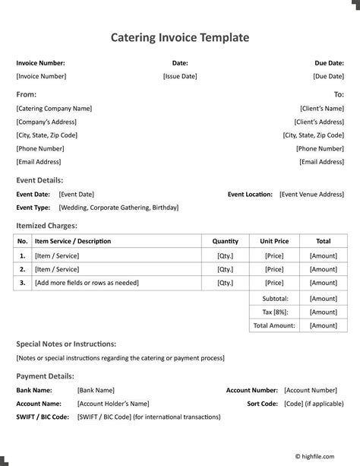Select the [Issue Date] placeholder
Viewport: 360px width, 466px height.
point(180,76)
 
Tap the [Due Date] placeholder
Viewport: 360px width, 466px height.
point(328,76)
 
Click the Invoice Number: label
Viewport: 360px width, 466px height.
point(40,63)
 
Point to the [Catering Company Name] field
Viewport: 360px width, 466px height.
point(54,109)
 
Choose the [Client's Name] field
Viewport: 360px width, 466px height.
point(322,109)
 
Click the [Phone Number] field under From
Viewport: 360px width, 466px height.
point(39,148)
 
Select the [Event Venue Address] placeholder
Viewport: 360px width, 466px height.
point(311,195)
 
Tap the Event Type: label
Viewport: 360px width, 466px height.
point(33,207)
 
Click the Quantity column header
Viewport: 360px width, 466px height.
point(225,241)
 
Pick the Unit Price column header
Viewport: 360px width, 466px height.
point(274,241)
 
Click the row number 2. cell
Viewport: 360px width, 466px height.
point(22,269)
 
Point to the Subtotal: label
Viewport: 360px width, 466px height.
point(274,298)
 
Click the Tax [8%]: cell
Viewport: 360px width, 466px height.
point(274,312)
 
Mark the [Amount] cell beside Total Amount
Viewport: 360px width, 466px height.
point(323,325)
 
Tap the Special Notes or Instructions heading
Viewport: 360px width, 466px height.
point(66,344)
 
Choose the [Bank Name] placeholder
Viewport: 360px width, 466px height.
point(95,390)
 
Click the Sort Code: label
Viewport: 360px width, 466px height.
point(262,404)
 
